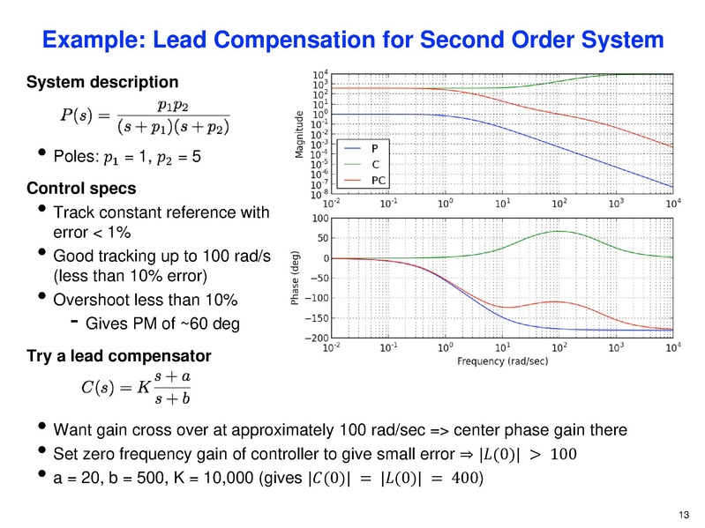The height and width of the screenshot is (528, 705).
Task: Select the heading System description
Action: (102, 83)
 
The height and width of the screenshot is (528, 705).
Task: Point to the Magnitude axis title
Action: (299, 133)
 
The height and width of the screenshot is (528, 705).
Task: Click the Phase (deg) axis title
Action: (299, 278)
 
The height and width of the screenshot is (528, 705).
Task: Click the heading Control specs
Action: (81, 189)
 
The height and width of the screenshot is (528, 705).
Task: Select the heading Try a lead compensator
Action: (119, 356)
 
